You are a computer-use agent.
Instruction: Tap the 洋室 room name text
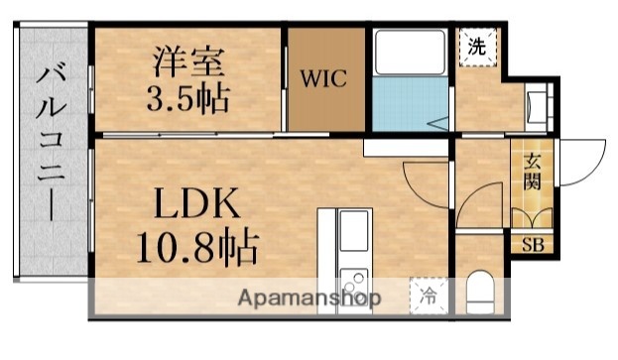click(186, 60)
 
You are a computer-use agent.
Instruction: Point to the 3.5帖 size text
click(185, 99)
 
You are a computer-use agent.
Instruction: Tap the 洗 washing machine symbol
click(477, 45)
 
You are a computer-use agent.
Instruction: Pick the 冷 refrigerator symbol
click(429, 296)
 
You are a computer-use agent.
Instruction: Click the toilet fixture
click(479, 291)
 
